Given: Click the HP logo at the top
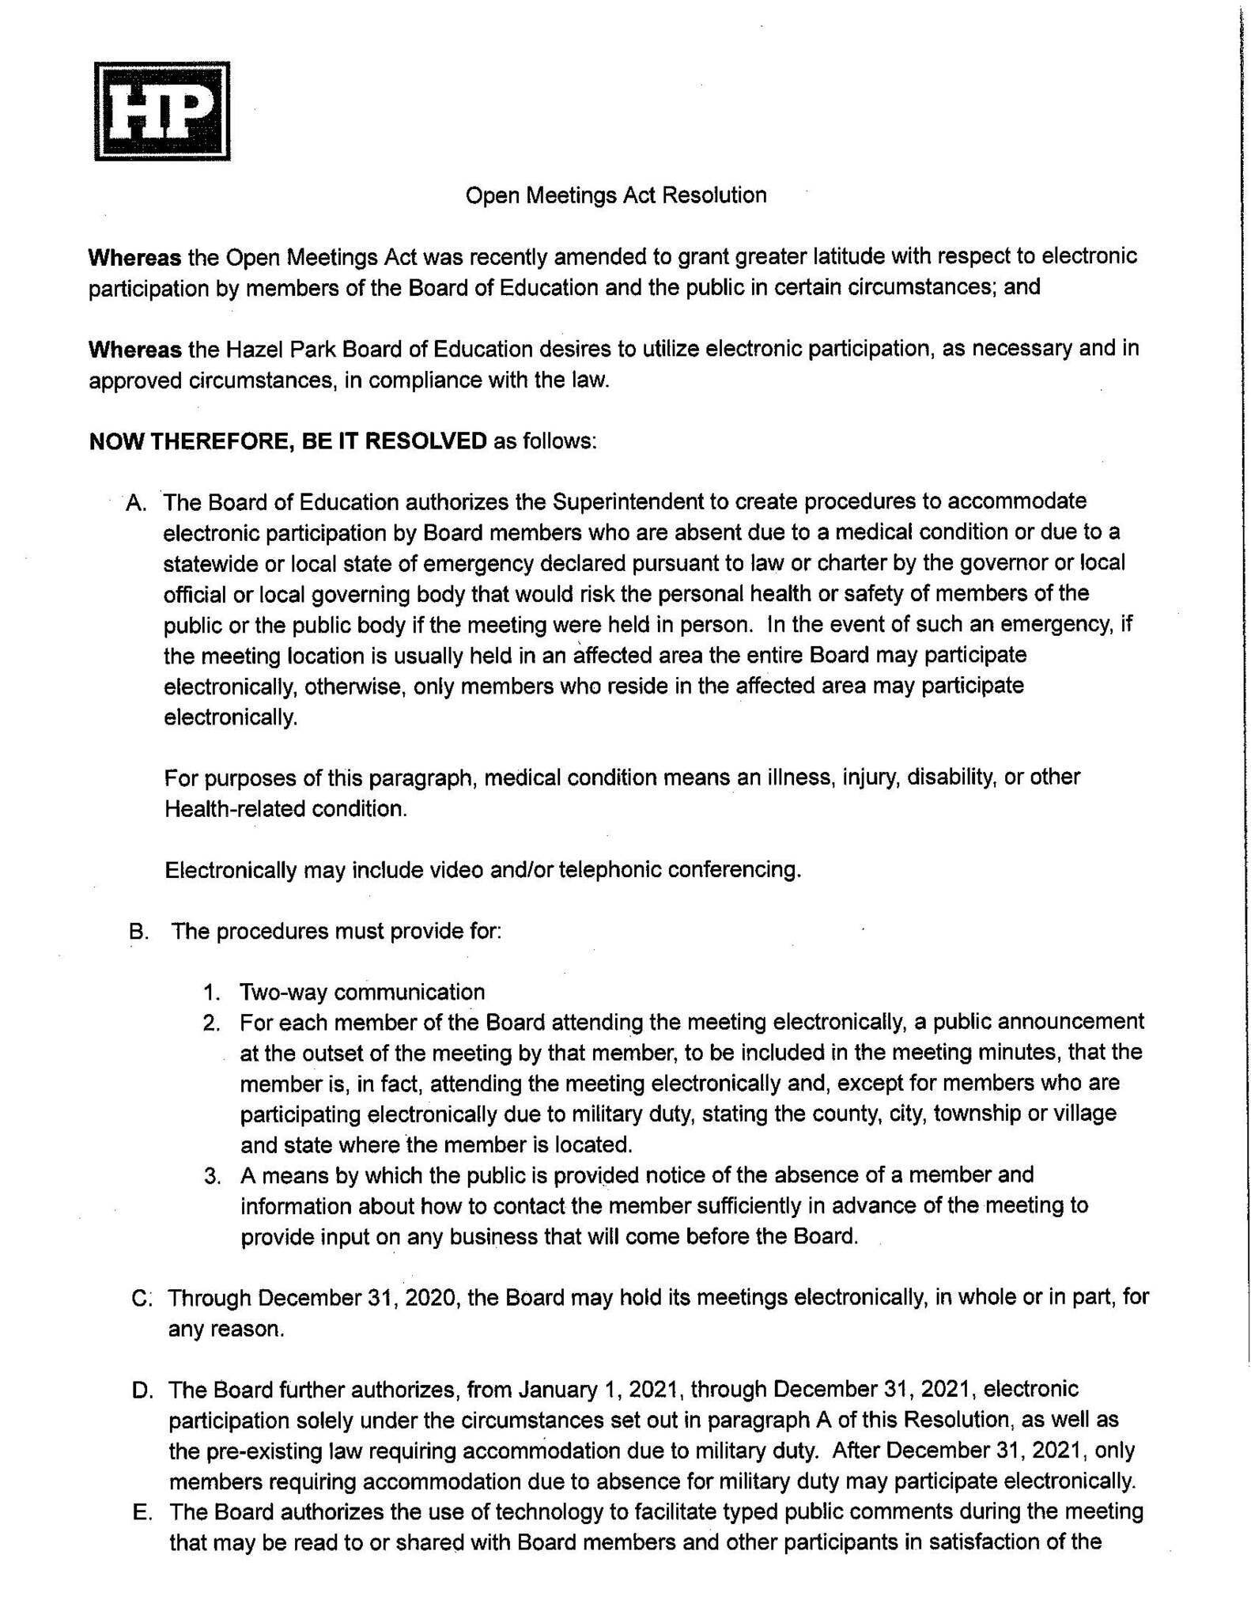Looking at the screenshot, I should coord(162,111).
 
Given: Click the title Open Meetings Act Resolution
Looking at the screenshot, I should coord(615,195).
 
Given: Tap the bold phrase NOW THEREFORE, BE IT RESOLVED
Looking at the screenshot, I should coord(288,441).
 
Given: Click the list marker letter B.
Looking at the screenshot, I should coord(138,932).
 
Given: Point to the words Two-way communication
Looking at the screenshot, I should coord(362,992).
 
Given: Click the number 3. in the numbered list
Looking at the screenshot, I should coord(212,1176).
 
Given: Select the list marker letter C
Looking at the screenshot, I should coord(142,1299).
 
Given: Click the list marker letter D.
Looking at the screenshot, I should coord(142,1390).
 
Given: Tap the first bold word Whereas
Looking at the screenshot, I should coord(134,257).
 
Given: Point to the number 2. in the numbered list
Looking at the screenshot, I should coord(211,1023).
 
